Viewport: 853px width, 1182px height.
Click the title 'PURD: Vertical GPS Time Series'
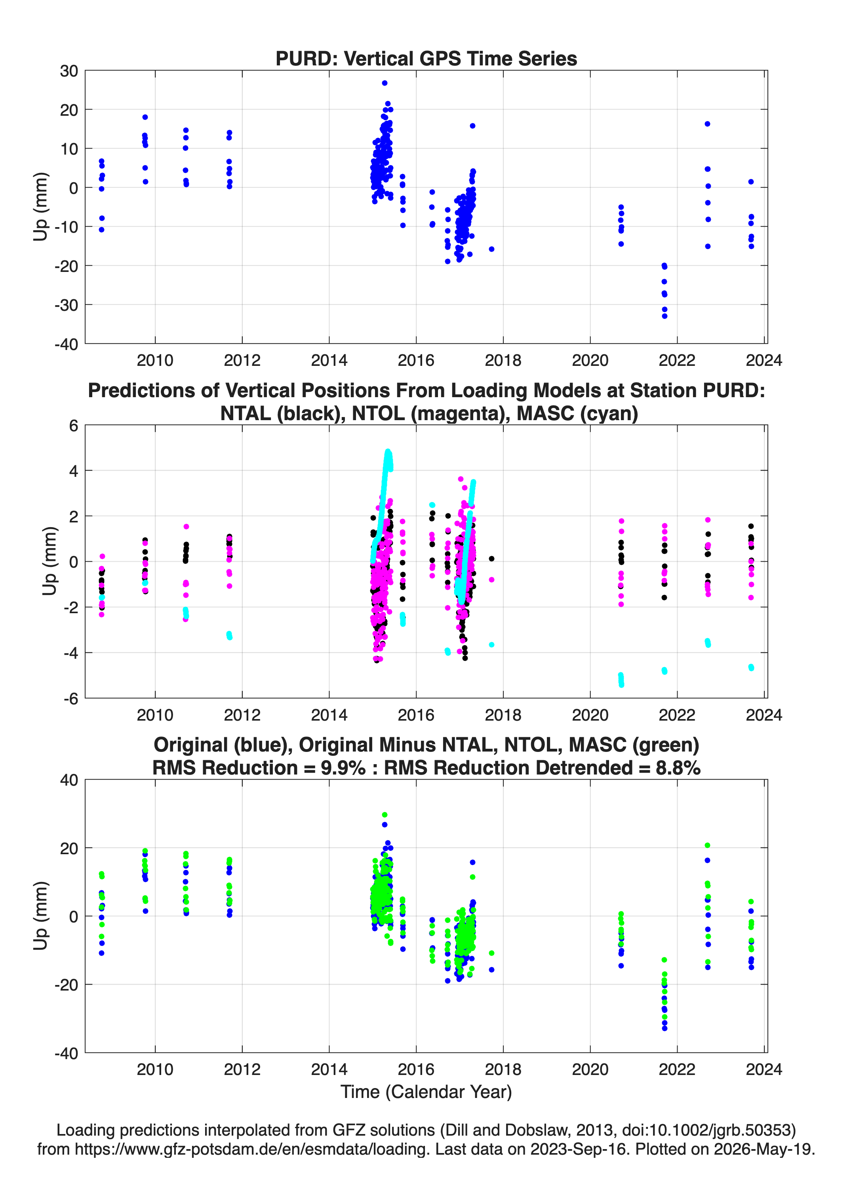(x=426, y=58)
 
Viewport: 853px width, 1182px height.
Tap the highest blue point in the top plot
(x=384, y=83)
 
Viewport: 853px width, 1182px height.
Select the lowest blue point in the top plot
(x=665, y=316)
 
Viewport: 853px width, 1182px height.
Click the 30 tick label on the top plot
(x=69, y=71)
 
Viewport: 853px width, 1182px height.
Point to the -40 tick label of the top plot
(x=66, y=344)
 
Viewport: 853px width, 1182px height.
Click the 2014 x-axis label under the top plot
(x=329, y=360)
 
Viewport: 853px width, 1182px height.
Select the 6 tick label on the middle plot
(x=73, y=426)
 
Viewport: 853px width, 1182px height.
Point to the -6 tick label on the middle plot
(x=71, y=699)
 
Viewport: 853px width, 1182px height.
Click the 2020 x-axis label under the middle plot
(x=590, y=715)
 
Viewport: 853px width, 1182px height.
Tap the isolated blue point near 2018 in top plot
(x=491, y=249)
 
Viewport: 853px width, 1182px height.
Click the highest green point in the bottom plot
(x=384, y=815)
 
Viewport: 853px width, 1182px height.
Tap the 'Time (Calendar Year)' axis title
(x=426, y=1092)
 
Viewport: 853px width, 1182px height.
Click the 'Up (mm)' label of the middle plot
(x=50, y=561)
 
